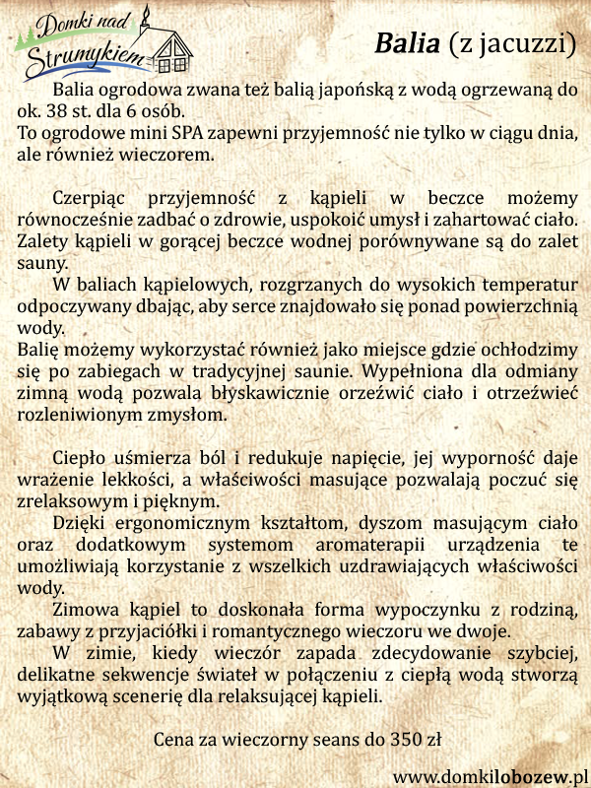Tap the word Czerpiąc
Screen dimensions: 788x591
point(93,197)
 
